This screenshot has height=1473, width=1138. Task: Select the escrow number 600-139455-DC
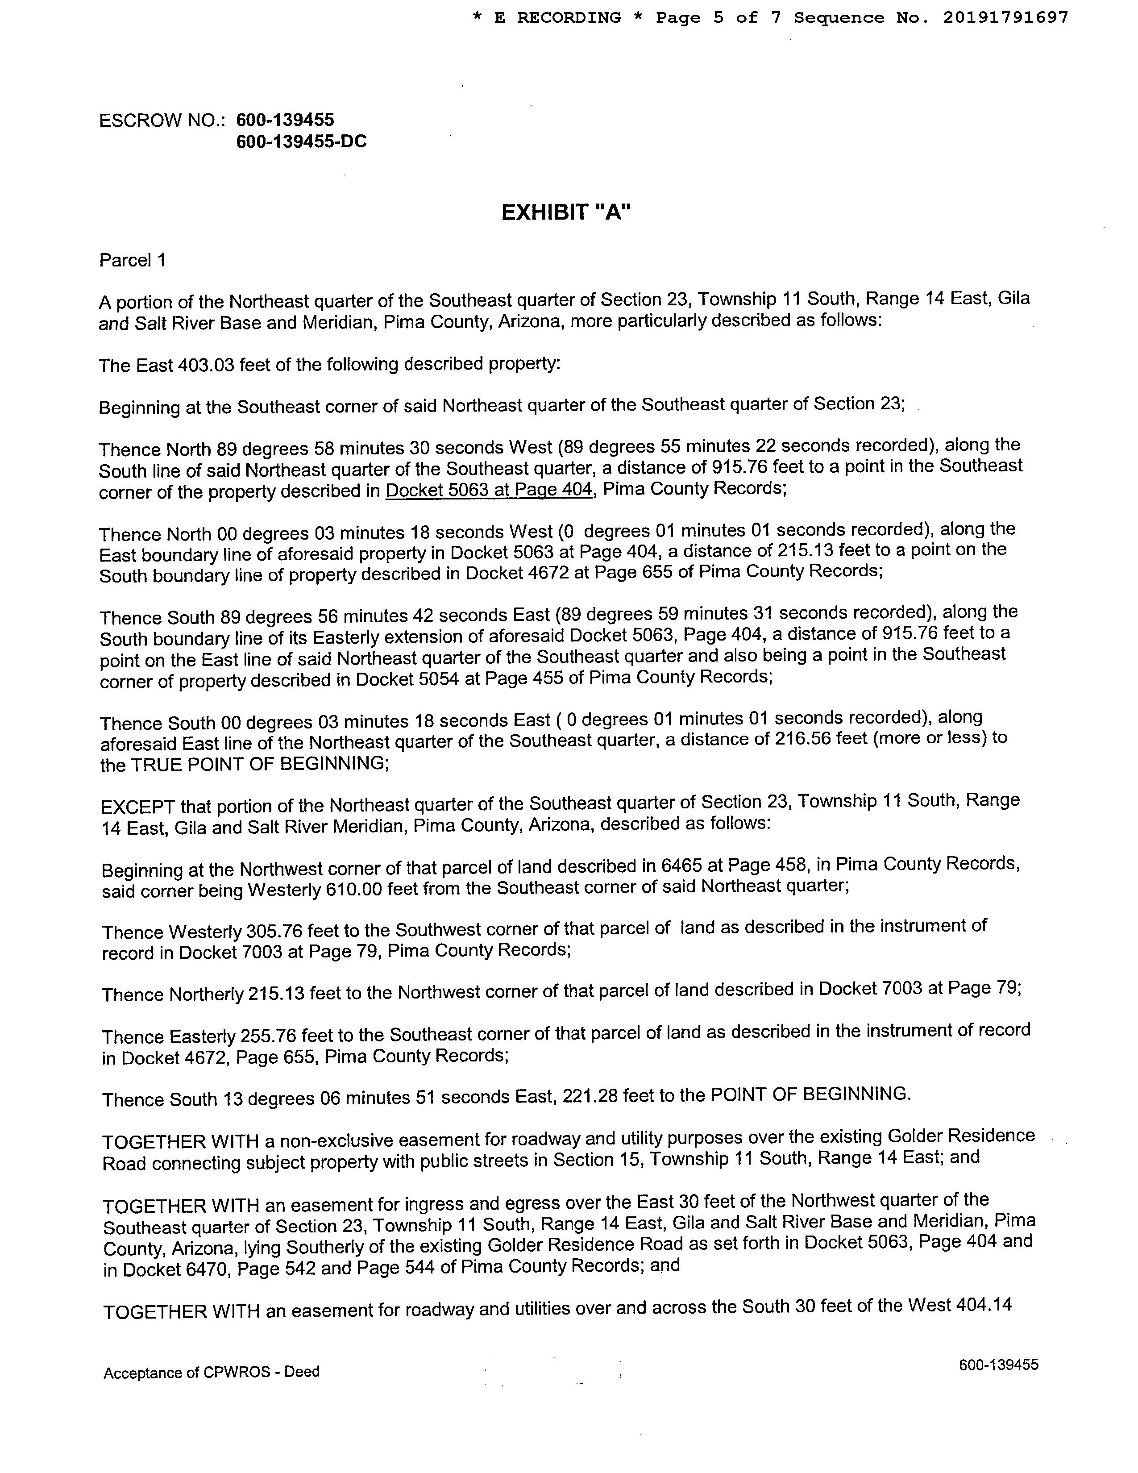301,141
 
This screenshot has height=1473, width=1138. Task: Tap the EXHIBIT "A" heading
566,212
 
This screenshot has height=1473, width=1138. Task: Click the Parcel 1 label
132,260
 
